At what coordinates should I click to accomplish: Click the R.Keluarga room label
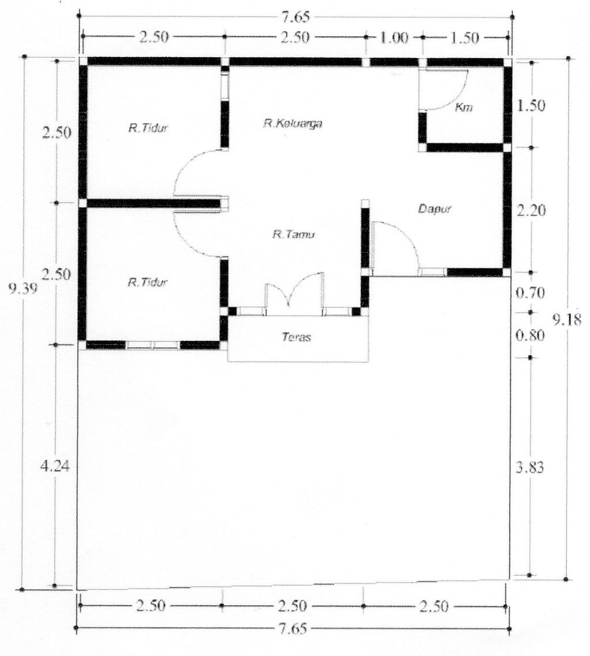click(293, 124)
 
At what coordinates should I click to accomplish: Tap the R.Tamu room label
click(294, 234)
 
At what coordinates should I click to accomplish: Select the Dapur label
click(435, 208)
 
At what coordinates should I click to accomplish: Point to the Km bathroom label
click(464, 107)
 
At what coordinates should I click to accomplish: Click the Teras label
click(297, 337)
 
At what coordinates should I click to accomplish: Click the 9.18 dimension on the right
click(566, 320)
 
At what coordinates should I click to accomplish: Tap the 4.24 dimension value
click(55, 465)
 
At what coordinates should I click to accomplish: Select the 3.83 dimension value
click(530, 467)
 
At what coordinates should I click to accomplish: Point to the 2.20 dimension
click(531, 210)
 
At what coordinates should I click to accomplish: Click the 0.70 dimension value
click(530, 293)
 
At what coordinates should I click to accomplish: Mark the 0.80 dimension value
click(530, 336)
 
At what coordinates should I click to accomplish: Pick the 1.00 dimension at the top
click(394, 37)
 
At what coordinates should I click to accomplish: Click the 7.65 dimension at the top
click(296, 18)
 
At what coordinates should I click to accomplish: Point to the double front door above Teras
click(294, 293)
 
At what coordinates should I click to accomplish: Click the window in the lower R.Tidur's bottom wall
click(153, 346)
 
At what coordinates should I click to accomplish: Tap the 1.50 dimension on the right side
click(531, 105)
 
